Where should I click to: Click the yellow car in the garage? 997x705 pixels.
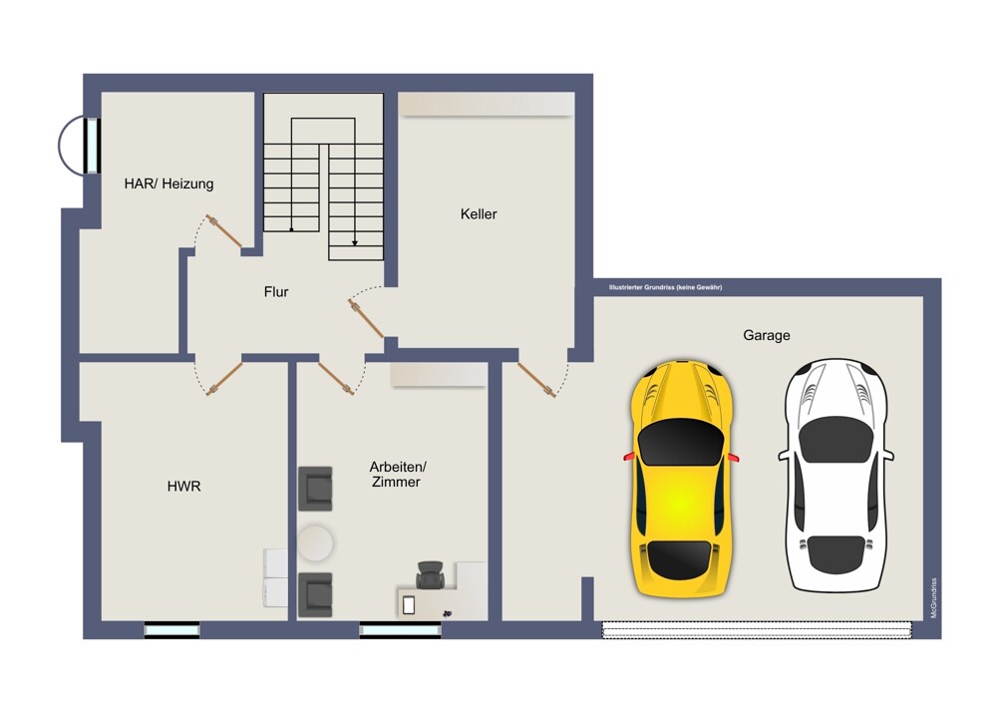coord(681,479)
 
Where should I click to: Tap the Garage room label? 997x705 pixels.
coord(766,335)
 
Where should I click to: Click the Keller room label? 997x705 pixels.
coord(479,214)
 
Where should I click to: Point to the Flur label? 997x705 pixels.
coord(276,292)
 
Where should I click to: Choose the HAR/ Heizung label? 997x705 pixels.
coord(168,183)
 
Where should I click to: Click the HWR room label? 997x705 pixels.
coord(183,487)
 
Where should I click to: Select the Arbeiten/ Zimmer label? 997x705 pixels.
coord(398,475)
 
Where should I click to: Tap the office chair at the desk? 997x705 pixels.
coord(431,574)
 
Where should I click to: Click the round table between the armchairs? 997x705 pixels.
coord(315,542)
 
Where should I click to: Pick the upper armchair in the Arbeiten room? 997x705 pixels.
coord(315,489)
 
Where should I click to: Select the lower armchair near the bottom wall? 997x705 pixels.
coord(315,594)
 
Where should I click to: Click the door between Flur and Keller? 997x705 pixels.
coord(366,318)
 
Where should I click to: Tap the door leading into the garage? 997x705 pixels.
coord(536,380)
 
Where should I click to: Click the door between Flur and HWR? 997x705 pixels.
coord(223,379)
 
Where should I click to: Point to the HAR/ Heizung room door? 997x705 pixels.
coord(223,230)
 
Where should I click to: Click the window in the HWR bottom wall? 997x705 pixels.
coord(171,630)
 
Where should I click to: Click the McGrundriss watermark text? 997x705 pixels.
coord(934,597)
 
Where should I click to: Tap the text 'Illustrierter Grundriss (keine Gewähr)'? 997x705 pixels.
coord(665,287)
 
